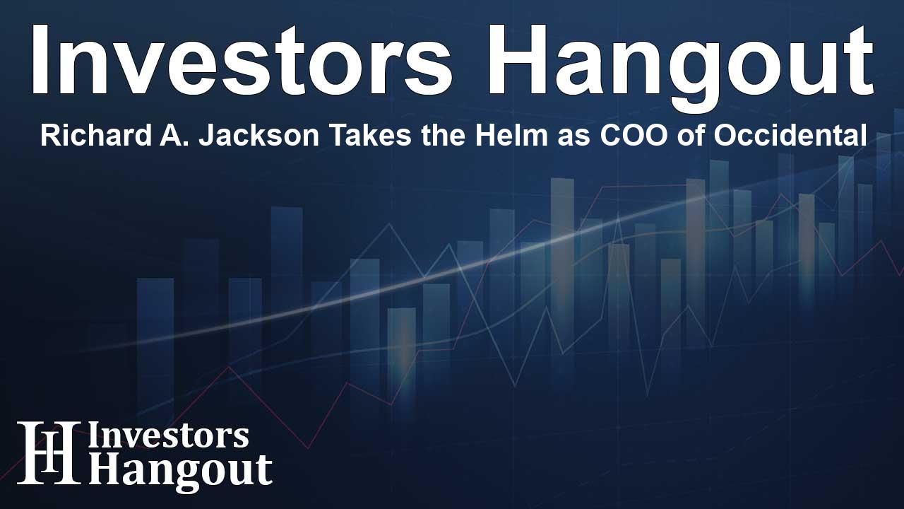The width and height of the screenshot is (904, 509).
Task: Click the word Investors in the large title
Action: coord(242,60)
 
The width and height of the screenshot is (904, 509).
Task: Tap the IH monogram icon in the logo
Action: coord(49,452)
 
